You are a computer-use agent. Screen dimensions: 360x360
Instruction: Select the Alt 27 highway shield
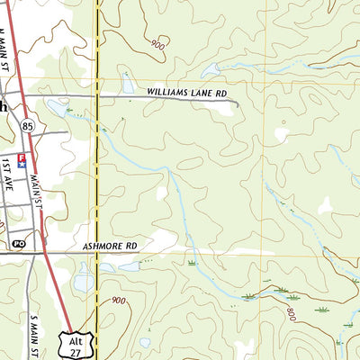pyautogui.click(x=78, y=343)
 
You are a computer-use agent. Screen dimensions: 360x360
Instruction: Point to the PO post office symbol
pyautogui.click(x=18, y=243)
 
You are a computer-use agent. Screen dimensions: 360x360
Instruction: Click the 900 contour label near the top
pyautogui.click(x=159, y=44)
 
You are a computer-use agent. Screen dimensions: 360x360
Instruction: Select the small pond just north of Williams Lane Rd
pyautogui.click(x=128, y=86)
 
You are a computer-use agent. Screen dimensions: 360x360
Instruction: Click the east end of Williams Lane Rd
pyautogui.click(x=238, y=105)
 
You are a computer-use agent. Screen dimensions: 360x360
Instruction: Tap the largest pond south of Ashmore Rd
pyautogui.click(x=83, y=283)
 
